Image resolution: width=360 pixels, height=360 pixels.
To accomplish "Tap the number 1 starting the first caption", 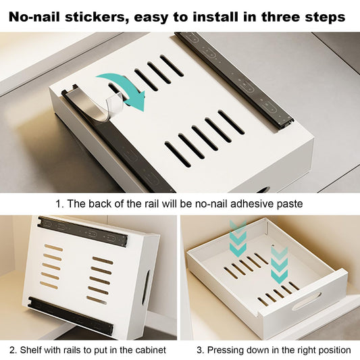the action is pos(59,204).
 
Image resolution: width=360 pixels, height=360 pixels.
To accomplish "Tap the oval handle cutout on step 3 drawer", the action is pos(307,301).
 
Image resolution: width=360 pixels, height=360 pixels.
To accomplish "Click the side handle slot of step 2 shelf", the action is pos(146,288).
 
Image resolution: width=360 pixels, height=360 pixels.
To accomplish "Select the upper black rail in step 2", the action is pos(82,231).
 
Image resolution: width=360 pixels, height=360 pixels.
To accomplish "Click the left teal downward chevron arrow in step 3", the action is pos(238,239).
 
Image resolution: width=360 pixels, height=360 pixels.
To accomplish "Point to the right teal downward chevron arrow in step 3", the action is pos(279,265).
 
